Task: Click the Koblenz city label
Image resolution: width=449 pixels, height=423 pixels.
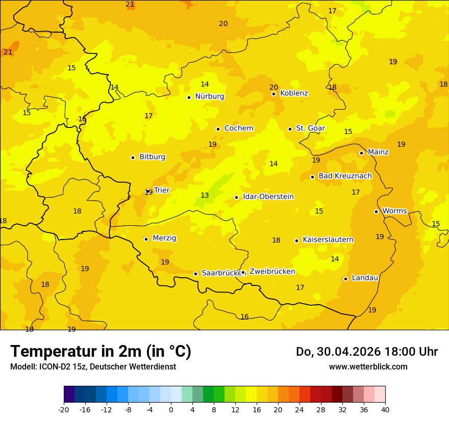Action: pyautogui.click(x=294, y=93)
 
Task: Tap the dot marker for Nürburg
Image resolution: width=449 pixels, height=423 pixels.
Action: pyautogui.click(x=189, y=97)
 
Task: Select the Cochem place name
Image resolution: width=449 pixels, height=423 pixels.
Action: pyautogui.click(x=238, y=128)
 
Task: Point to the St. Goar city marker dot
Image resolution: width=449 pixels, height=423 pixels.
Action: pyautogui.click(x=290, y=129)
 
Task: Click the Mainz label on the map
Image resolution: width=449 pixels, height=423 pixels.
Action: pyautogui.click(x=378, y=152)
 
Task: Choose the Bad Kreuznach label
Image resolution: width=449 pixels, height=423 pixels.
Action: pyautogui.click(x=345, y=176)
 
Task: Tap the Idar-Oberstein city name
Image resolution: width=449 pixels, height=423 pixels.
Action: pyautogui.click(x=268, y=197)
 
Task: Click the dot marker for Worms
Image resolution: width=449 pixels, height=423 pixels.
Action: pyautogui.click(x=376, y=211)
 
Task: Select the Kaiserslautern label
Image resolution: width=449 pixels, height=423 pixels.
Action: pyautogui.click(x=328, y=240)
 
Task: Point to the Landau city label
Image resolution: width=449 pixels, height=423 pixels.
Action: pyautogui.click(x=365, y=278)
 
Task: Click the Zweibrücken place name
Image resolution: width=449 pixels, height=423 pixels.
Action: pyautogui.click(x=272, y=272)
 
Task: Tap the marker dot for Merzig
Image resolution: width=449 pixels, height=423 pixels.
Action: pyautogui.click(x=146, y=239)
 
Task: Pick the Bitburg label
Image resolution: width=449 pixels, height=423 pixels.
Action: pyautogui.click(x=152, y=157)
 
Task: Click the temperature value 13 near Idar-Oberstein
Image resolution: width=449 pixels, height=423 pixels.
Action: pyautogui.click(x=205, y=196)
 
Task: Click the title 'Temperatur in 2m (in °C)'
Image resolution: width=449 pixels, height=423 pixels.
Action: pyautogui.click(x=101, y=351)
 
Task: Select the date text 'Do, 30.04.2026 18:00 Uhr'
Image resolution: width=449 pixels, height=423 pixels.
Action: pyautogui.click(x=366, y=352)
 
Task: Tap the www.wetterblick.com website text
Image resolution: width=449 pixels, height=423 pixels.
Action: pyautogui.click(x=368, y=367)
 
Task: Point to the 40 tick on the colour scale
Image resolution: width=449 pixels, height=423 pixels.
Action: pyautogui.click(x=385, y=409)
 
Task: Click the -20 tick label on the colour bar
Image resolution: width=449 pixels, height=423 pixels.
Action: pyautogui.click(x=64, y=409)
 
